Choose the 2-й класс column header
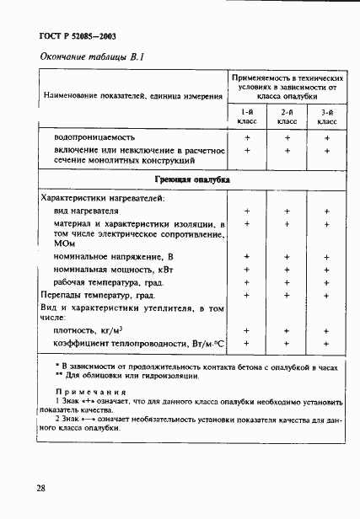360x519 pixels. point(287,116)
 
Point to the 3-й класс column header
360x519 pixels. point(328,116)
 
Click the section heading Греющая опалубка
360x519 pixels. point(192,181)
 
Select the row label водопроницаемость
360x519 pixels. point(94,136)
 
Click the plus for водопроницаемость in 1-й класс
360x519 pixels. point(246,136)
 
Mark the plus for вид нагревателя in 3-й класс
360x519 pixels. point(328,211)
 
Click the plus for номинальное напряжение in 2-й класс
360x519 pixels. point(287,255)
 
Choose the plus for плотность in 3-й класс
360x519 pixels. point(328,331)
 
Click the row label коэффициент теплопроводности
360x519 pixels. point(129,344)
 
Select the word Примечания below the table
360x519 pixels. point(90,393)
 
